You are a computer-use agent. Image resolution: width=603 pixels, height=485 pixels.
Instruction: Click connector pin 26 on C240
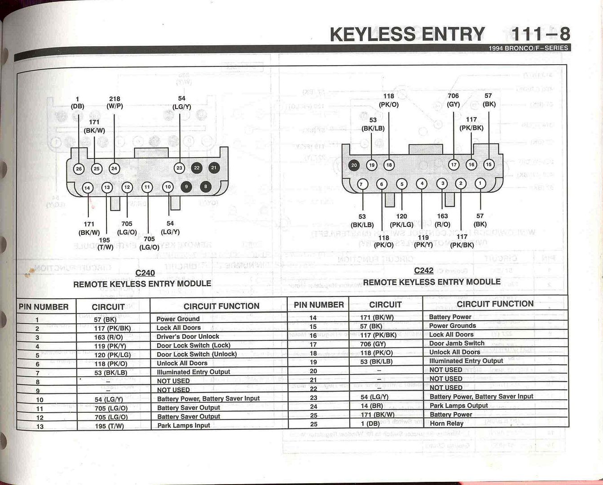coord(79,169)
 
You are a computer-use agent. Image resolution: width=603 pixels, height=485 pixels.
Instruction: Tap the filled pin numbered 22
coord(197,168)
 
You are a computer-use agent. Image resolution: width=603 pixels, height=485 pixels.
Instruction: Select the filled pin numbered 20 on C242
coord(354,165)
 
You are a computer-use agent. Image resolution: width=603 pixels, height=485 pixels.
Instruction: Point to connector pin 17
coord(453,165)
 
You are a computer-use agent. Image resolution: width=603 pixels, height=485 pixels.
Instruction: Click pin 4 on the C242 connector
coord(422,184)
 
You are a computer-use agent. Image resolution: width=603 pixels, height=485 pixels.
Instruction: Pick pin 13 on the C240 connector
coord(107,187)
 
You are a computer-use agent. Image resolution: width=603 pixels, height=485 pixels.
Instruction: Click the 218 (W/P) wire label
coord(114,102)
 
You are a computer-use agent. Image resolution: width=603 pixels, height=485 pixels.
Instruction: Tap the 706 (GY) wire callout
coord(453,100)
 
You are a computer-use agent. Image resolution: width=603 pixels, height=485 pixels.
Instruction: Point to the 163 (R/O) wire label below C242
coord(442,220)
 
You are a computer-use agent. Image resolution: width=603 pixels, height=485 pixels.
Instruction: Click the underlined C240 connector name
coord(145,273)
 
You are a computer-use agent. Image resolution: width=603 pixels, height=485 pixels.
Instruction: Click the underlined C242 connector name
coord(424,270)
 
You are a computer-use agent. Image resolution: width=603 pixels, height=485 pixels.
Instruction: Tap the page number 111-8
coord(541,34)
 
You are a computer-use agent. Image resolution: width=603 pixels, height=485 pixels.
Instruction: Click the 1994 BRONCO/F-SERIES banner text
coord(528,48)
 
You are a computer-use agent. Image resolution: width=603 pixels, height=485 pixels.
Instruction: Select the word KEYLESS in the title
coord(372,34)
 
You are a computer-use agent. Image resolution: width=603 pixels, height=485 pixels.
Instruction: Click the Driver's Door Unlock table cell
coord(188,336)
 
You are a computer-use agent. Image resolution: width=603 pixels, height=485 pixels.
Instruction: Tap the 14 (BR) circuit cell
coord(372,406)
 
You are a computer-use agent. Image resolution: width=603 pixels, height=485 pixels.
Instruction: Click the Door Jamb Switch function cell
coord(457,343)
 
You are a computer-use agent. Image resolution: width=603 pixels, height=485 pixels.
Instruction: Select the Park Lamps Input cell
coord(184,426)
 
